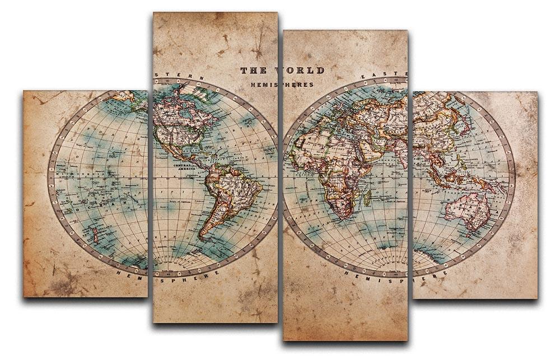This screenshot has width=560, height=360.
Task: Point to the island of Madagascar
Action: point(367,197)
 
